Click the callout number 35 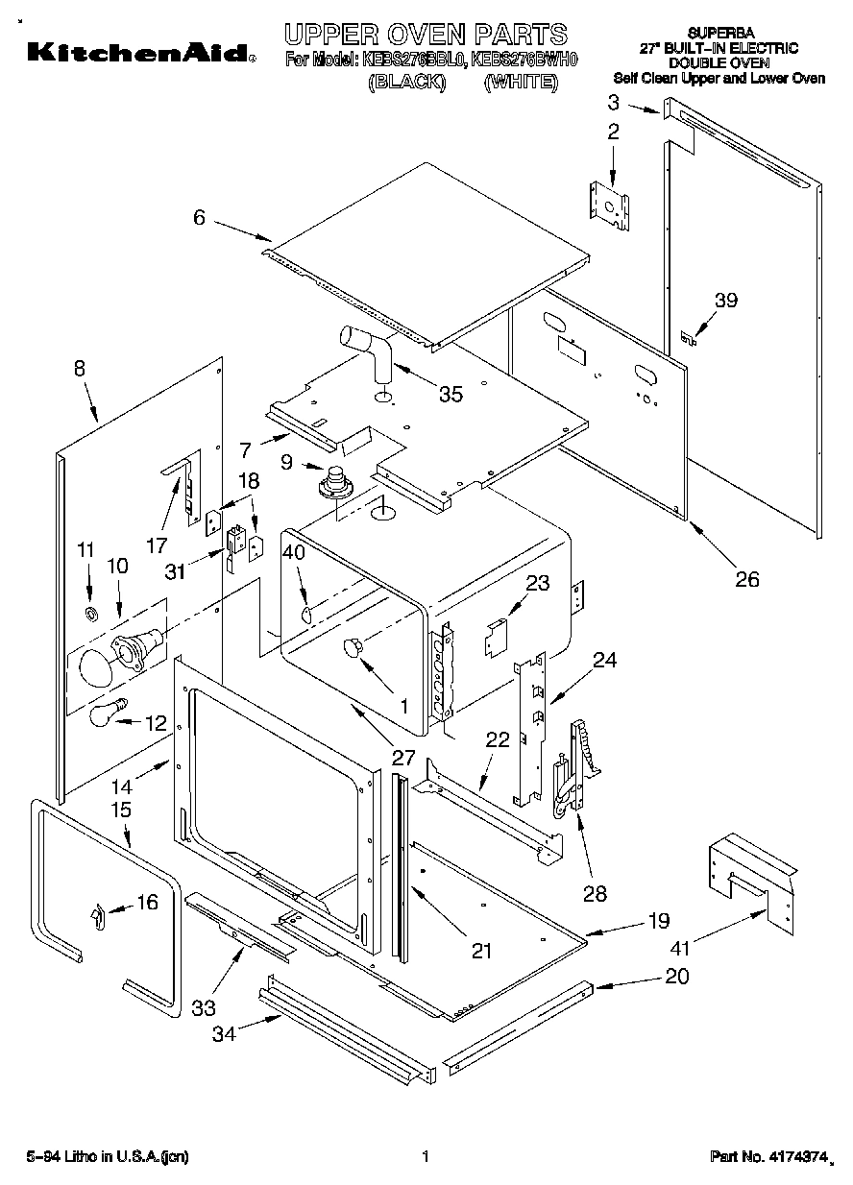tap(450, 393)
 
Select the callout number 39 tap(726, 301)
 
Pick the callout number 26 tap(746, 579)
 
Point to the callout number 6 tap(199, 218)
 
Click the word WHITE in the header tap(521, 83)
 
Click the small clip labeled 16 tap(97, 916)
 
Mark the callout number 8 tap(79, 368)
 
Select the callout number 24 tap(605, 661)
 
